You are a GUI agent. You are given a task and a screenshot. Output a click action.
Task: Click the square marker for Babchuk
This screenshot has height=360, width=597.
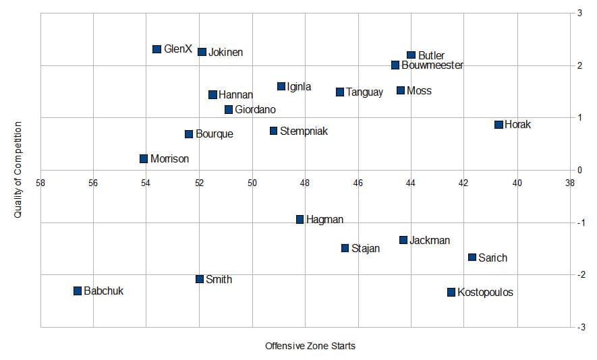pyautogui.click(x=78, y=291)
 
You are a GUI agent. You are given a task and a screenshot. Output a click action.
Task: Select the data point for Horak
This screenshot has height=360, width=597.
pyautogui.click(x=499, y=125)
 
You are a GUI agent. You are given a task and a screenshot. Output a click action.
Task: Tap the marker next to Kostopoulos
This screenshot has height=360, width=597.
pyautogui.click(x=451, y=292)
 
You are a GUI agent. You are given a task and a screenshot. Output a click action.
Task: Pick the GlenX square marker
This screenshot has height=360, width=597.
pyautogui.click(x=157, y=49)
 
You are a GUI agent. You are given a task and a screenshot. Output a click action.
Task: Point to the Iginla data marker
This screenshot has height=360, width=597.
pyautogui.click(x=281, y=86)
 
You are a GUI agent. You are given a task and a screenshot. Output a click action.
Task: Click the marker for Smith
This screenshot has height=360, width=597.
pyautogui.click(x=200, y=279)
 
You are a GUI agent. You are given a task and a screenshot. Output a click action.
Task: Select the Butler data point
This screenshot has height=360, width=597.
pyautogui.click(x=411, y=55)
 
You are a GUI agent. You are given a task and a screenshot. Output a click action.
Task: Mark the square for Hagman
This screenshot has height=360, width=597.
pyautogui.click(x=300, y=219)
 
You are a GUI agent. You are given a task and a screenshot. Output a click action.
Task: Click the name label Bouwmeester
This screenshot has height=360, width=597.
pyautogui.click(x=432, y=65)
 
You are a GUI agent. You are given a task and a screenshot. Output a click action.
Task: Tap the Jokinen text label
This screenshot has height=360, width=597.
pyautogui.click(x=226, y=52)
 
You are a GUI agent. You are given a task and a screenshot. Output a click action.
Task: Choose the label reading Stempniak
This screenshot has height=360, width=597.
pyautogui.click(x=304, y=131)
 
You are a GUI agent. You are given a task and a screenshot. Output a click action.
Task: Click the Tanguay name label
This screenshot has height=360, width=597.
pyautogui.click(x=364, y=92)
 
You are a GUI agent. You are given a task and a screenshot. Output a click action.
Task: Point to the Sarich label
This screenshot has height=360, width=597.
pyautogui.click(x=492, y=258)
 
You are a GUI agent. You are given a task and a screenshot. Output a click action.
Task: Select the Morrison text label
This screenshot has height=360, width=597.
pyautogui.click(x=169, y=159)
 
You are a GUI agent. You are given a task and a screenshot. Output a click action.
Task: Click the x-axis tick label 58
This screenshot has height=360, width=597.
pyautogui.click(x=40, y=182)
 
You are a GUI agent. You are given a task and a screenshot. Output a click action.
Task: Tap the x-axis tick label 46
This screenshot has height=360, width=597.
pyautogui.click(x=358, y=182)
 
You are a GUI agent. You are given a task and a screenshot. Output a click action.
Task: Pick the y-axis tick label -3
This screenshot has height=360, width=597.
pyautogui.click(x=580, y=328)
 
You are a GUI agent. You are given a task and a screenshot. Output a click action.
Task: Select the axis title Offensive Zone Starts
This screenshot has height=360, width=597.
pyautogui.click(x=310, y=346)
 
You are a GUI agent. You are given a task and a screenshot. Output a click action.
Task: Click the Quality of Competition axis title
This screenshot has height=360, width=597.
pyautogui.click(x=18, y=170)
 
